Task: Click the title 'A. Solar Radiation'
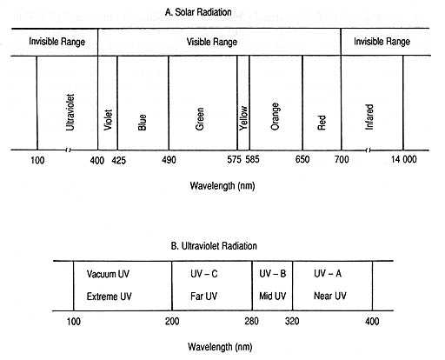(x=198, y=12)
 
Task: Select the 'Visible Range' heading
(x=212, y=42)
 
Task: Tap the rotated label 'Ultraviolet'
(x=70, y=112)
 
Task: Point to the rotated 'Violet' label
(x=108, y=120)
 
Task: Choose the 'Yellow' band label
(x=243, y=118)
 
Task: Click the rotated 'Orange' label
(x=275, y=117)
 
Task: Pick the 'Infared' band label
(x=369, y=117)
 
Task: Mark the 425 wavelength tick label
(x=119, y=160)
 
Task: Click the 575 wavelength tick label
(x=234, y=159)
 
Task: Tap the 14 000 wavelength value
(x=403, y=159)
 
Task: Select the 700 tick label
(x=342, y=159)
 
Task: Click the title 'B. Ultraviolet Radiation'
(x=214, y=246)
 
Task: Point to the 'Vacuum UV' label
(x=108, y=274)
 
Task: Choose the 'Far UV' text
(x=203, y=297)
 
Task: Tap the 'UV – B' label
(x=273, y=274)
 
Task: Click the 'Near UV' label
(x=330, y=296)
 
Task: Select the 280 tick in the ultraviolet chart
(x=251, y=321)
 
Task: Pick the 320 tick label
(x=292, y=321)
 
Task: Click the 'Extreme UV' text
(x=109, y=297)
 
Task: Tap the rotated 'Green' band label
(x=200, y=119)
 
